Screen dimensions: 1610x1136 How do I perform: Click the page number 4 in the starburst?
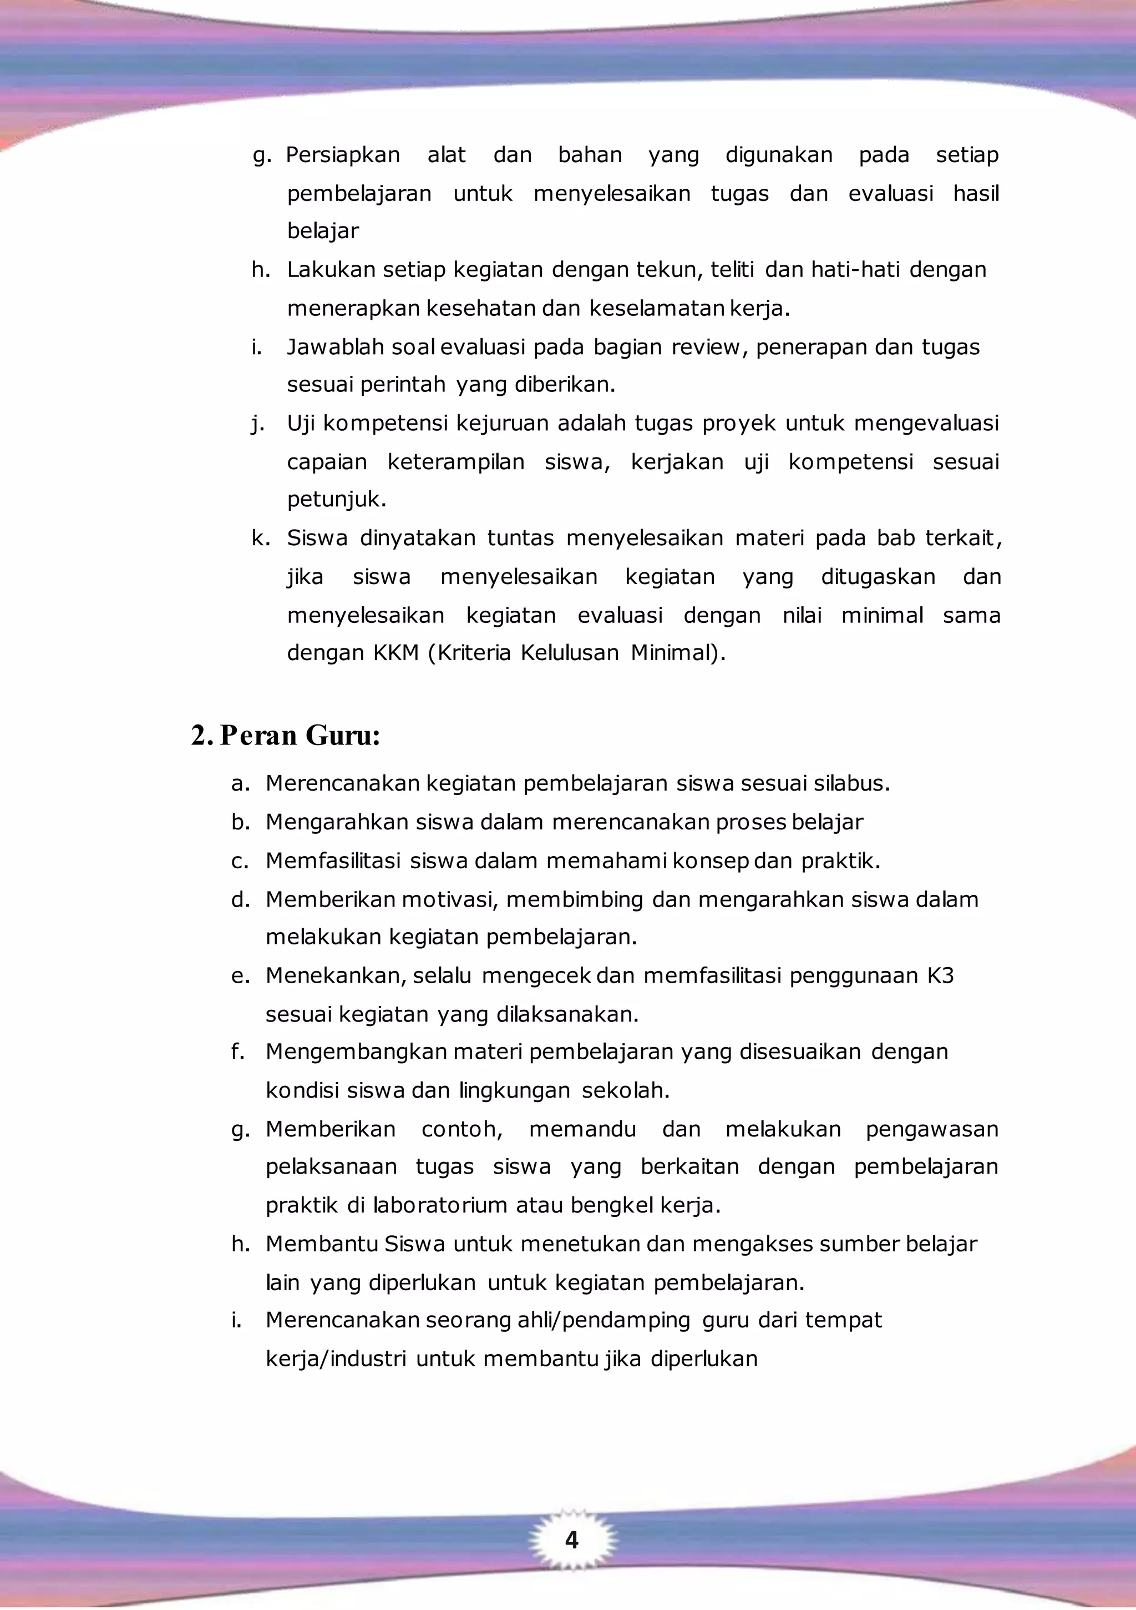571,1540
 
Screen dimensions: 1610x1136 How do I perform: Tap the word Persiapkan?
343,155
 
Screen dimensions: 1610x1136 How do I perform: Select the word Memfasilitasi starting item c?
333,861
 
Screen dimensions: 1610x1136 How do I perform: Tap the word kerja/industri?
336,1359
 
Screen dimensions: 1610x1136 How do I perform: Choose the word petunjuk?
336,500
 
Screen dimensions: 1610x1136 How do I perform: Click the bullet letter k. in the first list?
261,539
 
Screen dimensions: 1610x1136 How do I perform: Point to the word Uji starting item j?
301,424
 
